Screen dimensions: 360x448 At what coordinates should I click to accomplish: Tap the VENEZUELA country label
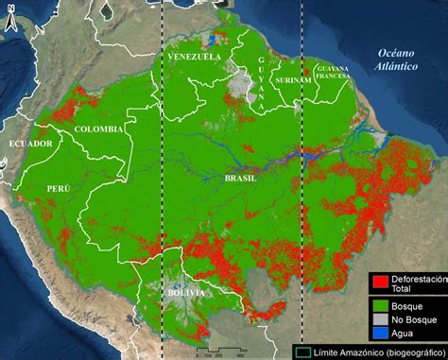194,58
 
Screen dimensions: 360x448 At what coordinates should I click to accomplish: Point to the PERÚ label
59,189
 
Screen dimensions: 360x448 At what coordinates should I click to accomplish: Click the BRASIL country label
241,178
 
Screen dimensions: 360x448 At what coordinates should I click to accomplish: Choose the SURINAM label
292,81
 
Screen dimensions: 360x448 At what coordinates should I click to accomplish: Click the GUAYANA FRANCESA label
334,73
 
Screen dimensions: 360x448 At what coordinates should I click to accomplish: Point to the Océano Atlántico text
398,60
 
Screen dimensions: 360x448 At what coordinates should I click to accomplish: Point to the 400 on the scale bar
240,355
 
